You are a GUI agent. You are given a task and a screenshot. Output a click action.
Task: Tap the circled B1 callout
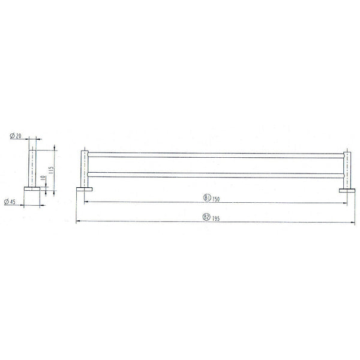pyautogui.click(x=206, y=198)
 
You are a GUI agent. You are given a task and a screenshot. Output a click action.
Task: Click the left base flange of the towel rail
pyautogui.click(x=84, y=190)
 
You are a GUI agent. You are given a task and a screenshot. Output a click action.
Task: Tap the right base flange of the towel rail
pyautogui.click(x=347, y=190)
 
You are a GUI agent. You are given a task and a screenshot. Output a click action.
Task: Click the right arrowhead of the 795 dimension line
pyautogui.click(x=353, y=222)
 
